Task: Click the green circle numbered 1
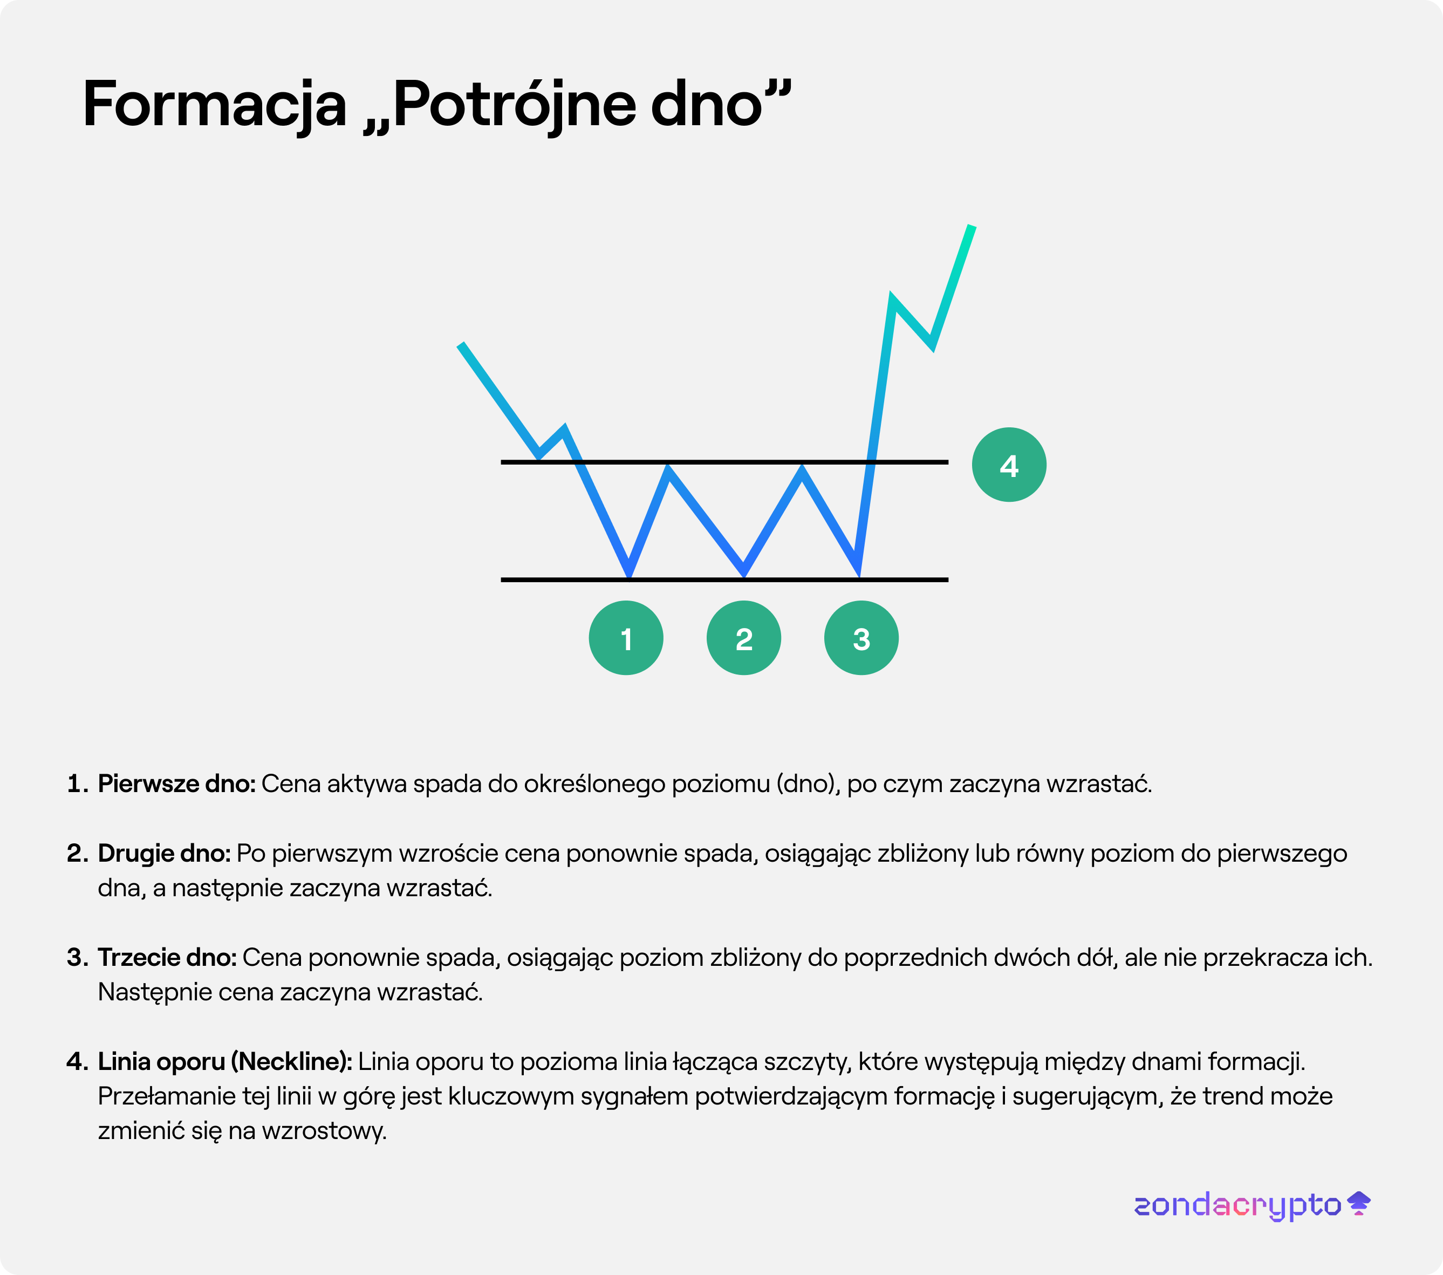coord(626,638)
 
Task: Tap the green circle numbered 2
coord(743,638)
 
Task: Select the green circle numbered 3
coord(861,638)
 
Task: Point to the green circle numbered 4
coord(1009,465)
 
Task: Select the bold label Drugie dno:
coord(164,854)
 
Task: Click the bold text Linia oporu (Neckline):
coord(224,1062)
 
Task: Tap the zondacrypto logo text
coord(1237,1206)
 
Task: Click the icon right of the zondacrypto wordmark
coord(1359,1203)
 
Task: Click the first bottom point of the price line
coord(629,575)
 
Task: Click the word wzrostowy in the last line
coord(324,1131)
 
